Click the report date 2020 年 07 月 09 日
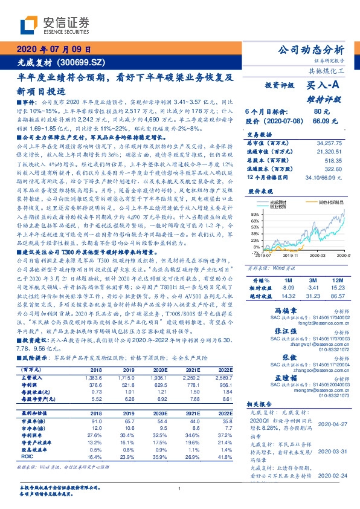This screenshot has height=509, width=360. (54, 50)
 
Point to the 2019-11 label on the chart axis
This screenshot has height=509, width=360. (291, 256)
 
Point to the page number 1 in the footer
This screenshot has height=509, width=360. (180, 488)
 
